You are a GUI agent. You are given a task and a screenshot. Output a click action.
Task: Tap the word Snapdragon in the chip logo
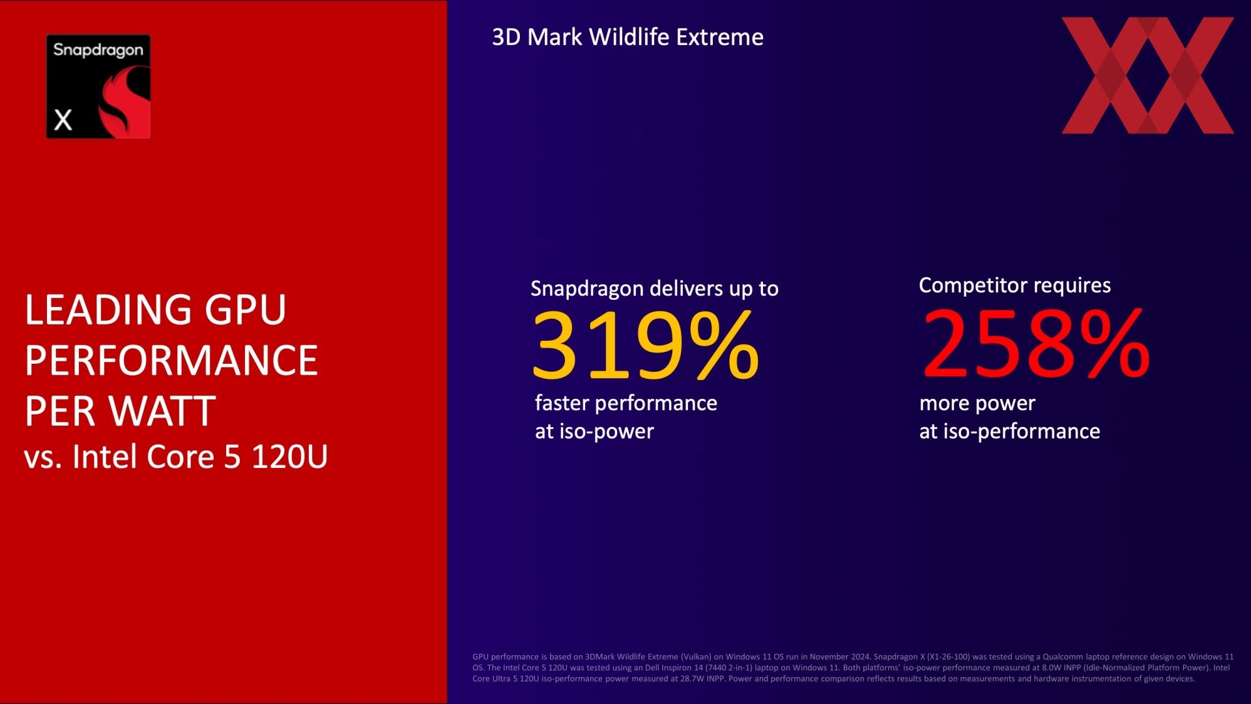(x=98, y=50)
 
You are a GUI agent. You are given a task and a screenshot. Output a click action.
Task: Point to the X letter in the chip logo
(x=63, y=120)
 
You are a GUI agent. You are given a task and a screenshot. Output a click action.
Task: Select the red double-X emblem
(x=1147, y=76)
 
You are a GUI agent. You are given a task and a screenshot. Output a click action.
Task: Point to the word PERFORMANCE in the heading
(x=171, y=360)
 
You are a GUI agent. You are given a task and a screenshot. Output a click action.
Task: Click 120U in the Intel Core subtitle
(x=289, y=456)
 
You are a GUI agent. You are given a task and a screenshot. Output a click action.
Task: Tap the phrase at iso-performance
(x=1009, y=432)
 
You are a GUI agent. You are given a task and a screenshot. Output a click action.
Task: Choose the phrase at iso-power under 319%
(x=594, y=432)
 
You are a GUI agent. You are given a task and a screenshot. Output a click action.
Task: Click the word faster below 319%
(x=562, y=403)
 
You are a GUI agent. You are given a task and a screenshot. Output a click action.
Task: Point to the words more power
(x=977, y=404)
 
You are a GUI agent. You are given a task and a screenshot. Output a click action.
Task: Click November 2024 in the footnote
(x=839, y=656)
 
